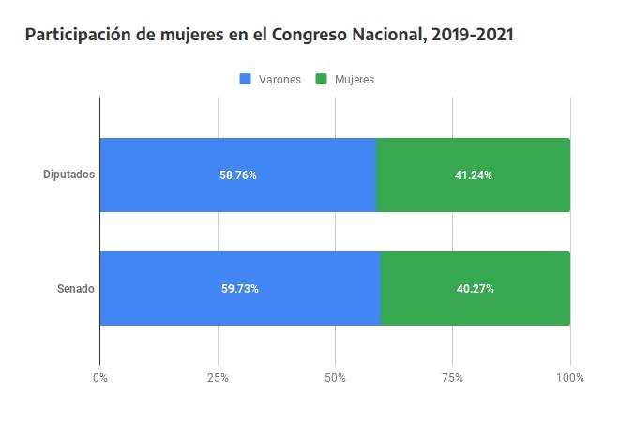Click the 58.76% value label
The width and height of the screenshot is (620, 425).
pyautogui.click(x=238, y=175)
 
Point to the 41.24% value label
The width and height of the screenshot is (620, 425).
pyautogui.click(x=474, y=175)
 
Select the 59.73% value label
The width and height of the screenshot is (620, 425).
pyautogui.click(x=240, y=289)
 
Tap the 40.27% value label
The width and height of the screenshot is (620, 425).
pyautogui.click(x=476, y=289)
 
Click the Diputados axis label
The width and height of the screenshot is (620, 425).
pyautogui.click(x=68, y=175)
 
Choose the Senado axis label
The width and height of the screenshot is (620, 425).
pyautogui.click(x=76, y=289)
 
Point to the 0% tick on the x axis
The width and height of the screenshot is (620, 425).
pyautogui.click(x=100, y=378)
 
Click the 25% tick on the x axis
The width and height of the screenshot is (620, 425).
pyautogui.click(x=218, y=378)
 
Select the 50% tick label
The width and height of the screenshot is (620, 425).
pyautogui.click(x=335, y=378)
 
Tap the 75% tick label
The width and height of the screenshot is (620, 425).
pyautogui.click(x=452, y=378)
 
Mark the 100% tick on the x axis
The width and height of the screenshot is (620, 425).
pyautogui.click(x=569, y=378)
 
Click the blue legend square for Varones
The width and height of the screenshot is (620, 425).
pyautogui.click(x=247, y=80)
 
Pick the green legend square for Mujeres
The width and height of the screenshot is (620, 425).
pyautogui.click(x=322, y=80)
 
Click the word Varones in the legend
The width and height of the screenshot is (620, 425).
pyautogui.click(x=280, y=80)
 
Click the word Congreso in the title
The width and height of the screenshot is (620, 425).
pyautogui.click(x=313, y=36)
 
